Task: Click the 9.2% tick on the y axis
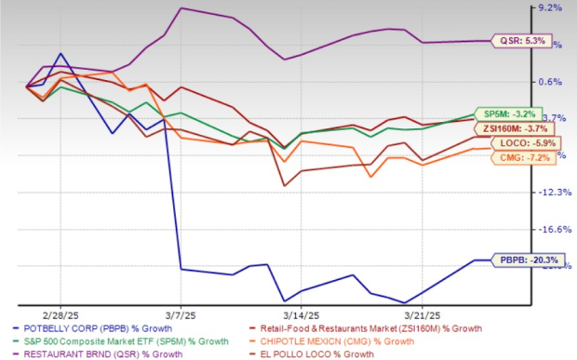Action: pos(552,8)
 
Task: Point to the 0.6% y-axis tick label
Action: pos(552,82)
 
